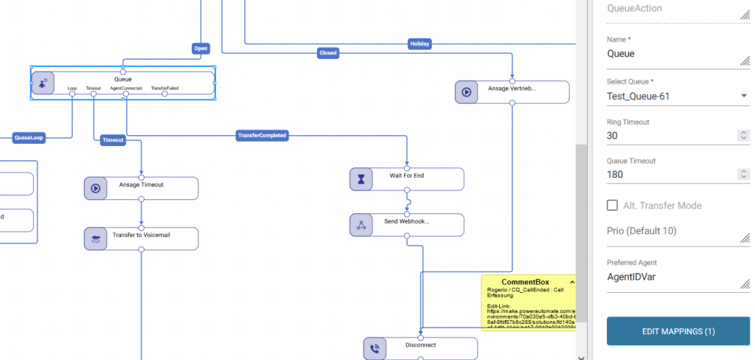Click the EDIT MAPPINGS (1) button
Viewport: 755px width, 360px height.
point(678,331)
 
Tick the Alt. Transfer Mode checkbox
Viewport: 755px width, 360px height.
point(612,205)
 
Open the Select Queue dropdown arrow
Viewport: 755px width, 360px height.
point(743,96)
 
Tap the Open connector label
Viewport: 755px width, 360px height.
point(201,49)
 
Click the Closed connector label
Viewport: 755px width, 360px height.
point(327,53)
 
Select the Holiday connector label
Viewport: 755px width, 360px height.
point(420,44)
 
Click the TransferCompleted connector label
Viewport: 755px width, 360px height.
point(262,136)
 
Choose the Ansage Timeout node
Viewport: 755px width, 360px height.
point(141,188)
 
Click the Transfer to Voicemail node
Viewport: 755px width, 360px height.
point(141,238)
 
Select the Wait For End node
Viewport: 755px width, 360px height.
point(406,179)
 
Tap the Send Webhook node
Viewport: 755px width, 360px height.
point(406,225)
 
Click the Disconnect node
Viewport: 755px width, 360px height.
point(420,348)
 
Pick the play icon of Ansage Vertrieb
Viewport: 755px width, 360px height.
point(467,92)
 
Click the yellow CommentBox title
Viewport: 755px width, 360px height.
point(525,282)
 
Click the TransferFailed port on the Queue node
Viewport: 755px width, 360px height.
point(164,93)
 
